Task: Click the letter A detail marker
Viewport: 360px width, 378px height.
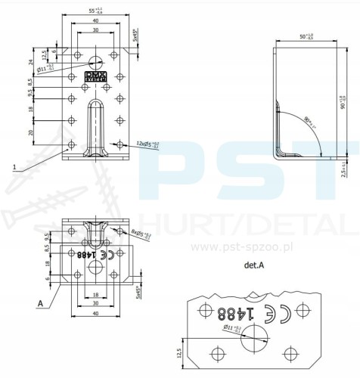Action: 39,302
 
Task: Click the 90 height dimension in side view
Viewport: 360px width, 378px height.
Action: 342,101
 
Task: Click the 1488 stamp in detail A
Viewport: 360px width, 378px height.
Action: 233,311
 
